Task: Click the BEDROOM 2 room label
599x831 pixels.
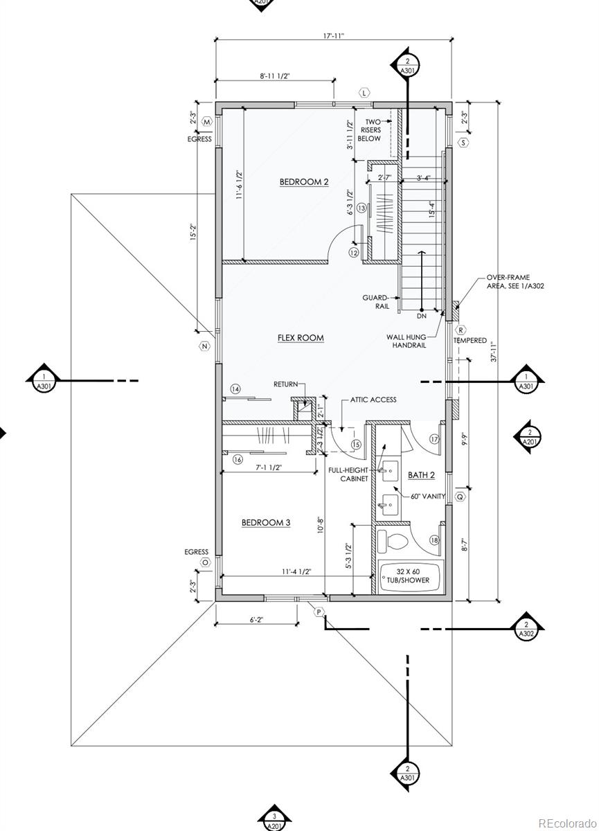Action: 304,181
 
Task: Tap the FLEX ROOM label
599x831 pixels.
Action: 301,338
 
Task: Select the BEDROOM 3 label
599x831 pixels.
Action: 266,522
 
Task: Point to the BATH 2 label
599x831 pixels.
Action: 421,475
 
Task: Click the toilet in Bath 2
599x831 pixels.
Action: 393,543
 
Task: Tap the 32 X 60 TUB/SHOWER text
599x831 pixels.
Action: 408,575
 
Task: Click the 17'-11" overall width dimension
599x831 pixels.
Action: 334,36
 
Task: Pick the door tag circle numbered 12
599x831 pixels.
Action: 354,252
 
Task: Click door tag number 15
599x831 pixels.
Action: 356,445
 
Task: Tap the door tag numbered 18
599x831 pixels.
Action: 434,540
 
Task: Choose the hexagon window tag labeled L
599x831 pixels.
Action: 364,92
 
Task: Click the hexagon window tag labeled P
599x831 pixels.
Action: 319,611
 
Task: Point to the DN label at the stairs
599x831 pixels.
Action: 422,316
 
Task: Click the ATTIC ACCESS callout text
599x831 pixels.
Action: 373,400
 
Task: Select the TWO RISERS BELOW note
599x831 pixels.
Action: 369,130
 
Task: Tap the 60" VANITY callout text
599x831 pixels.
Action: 428,496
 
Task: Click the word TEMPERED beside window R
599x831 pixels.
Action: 470,340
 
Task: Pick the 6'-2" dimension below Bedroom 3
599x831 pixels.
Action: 256,620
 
